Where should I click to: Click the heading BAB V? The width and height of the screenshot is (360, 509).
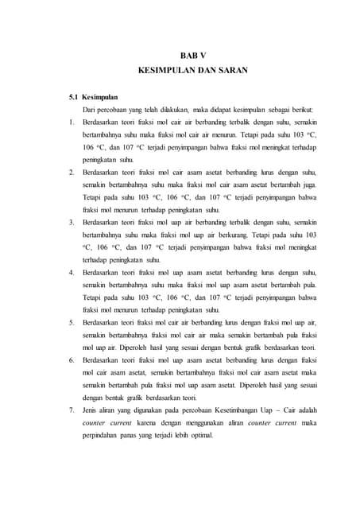pyautogui.click(x=192, y=55)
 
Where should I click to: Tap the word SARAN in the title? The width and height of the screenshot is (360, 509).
pyautogui.click(x=231, y=70)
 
